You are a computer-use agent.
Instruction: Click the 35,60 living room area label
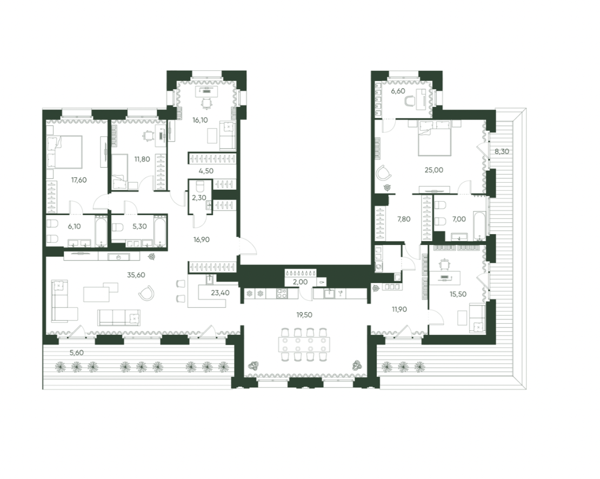pos(136,275)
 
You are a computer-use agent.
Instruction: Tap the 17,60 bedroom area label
pos(79,180)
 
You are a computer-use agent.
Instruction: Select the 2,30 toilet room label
pos(199,198)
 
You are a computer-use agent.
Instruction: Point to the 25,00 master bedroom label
pos(434,170)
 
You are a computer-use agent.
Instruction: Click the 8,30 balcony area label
pos(502,151)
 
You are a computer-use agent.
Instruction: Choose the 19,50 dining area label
pos(304,315)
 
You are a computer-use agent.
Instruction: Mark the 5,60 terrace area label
pos(77,352)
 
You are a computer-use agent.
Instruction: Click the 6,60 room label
pos(398,91)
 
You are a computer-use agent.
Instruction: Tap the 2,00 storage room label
pos(301,282)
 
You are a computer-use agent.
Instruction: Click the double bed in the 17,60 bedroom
pos(64,152)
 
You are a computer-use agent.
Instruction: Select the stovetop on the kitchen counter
pos(282,294)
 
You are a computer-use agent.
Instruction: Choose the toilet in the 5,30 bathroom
pos(117,228)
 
